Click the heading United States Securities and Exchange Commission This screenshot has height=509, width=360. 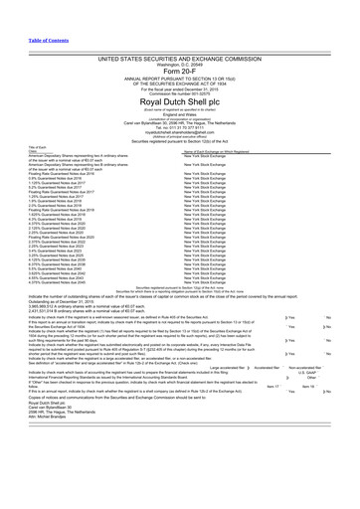click(x=180, y=32)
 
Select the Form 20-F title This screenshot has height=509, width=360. click(x=180, y=46)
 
